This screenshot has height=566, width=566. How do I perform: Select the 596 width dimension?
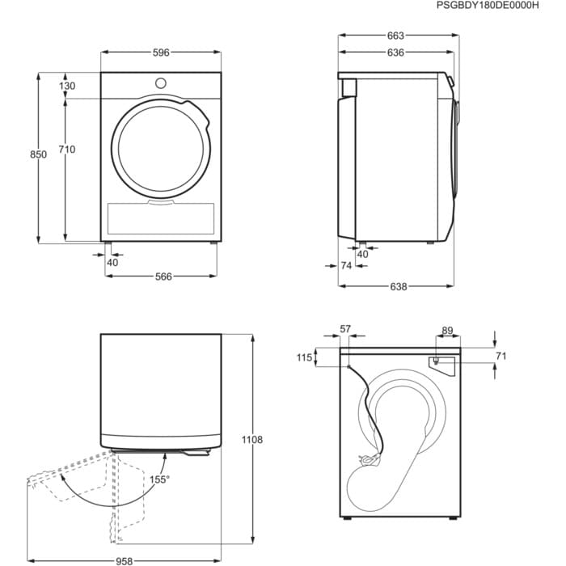[x=161, y=53]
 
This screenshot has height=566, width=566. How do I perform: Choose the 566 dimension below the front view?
[x=163, y=277]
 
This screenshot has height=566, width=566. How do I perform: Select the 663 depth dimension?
[x=395, y=36]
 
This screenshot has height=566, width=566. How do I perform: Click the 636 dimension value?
[x=395, y=53]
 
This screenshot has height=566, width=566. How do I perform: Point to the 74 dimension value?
[x=345, y=265]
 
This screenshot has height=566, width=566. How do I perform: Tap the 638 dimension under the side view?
[x=398, y=285]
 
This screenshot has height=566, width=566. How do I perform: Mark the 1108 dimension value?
[x=251, y=440]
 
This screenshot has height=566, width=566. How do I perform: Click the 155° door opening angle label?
[x=159, y=479]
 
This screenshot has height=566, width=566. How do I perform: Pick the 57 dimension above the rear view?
[x=345, y=329]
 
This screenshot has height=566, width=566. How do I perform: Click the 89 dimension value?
[x=447, y=330]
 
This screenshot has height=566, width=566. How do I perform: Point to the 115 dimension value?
[x=303, y=357]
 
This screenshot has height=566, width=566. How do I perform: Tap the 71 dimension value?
[x=501, y=355]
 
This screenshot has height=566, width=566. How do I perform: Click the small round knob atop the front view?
[x=161, y=83]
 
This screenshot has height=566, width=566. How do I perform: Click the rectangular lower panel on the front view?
[x=161, y=219]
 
